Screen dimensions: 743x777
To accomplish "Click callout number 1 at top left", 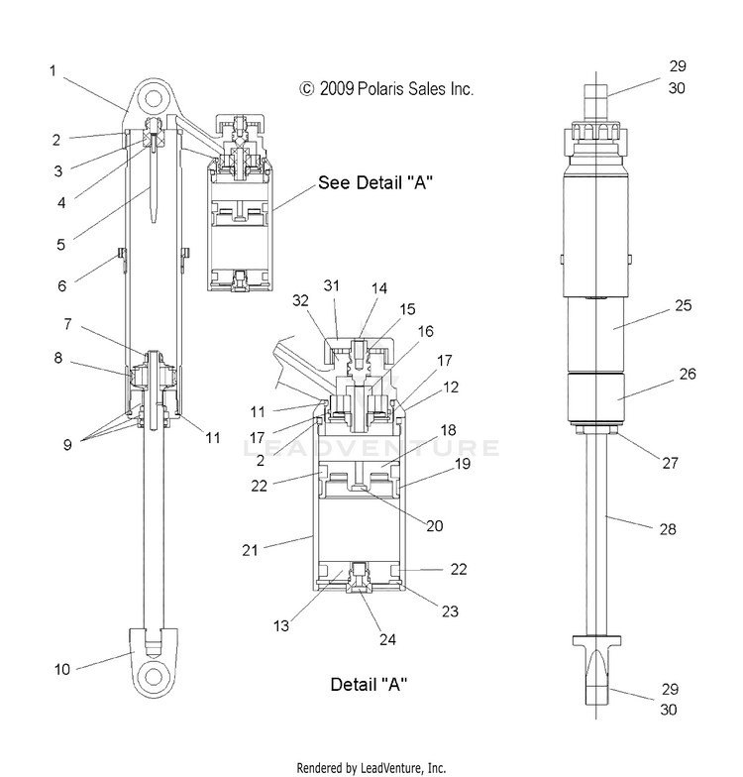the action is pyautogui.click(x=53, y=71).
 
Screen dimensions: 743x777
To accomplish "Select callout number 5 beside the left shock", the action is pyautogui.click(x=60, y=244).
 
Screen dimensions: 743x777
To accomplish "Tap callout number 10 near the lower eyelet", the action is pyautogui.click(x=61, y=670).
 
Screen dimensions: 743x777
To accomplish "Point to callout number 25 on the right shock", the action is pyautogui.click(x=684, y=305).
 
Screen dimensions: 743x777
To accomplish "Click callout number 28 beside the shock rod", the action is pyautogui.click(x=668, y=529).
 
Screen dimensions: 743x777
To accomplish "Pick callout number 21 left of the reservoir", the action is pyautogui.click(x=250, y=550).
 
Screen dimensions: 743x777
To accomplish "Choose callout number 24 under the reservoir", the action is pyautogui.click(x=387, y=639).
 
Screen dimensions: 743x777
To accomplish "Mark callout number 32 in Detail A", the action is pyautogui.click(x=300, y=300).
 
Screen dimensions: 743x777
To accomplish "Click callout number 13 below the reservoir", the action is pyautogui.click(x=281, y=626).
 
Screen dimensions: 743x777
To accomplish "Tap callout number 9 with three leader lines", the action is pyautogui.click(x=67, y=444).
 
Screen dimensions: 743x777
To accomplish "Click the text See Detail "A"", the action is pyautogui.click(x=374, y=182).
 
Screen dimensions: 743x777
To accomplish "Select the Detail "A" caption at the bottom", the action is pyautogui.click(x=369, y=684).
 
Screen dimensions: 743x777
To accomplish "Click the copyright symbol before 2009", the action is pyautogui.click(x=307, y=89).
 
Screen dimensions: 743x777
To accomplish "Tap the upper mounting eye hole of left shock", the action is pyautogui.click(x=154, y=99).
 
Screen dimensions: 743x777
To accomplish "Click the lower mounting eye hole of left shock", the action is pyautogui.click(x=154, y=677).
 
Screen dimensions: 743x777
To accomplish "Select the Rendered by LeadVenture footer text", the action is pyautogui.click(x=371, y=768).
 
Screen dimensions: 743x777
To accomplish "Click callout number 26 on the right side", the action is pyautogui.click(x=688, y=374).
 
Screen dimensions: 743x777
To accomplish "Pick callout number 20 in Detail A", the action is pyautogui.click(x=434, y=525).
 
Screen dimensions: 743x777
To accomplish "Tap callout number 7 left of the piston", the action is pyautogui.click(x=67, y=324).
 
